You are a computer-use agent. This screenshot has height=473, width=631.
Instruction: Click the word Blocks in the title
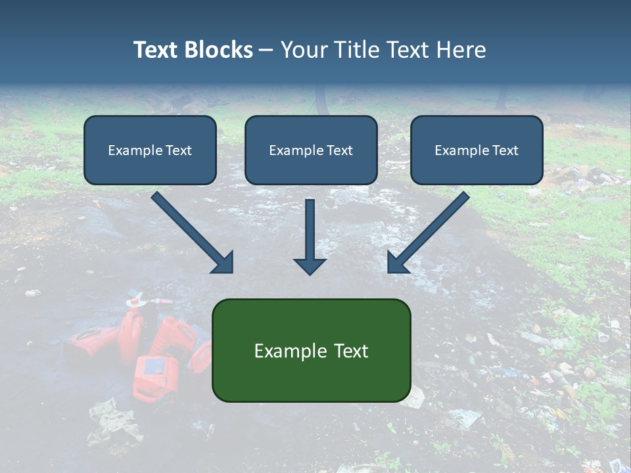coord(219,50)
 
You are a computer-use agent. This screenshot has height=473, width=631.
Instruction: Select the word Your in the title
coord(305,50)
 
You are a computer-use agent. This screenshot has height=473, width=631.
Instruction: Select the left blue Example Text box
coord(150,150)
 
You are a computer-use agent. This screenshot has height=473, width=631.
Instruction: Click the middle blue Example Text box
coord(311,150)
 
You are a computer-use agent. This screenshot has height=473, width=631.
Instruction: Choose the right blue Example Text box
coord(477,150)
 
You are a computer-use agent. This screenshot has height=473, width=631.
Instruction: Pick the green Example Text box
coord(311,351)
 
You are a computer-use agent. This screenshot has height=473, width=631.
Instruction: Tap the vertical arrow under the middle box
coord(310,230)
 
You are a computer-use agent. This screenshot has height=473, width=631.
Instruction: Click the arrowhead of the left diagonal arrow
coord(223,263)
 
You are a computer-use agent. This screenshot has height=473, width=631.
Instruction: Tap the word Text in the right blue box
coord(505,150)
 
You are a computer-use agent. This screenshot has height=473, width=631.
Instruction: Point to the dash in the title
coord(266,50)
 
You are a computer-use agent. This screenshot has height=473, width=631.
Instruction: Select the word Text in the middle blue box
coord(339,150)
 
